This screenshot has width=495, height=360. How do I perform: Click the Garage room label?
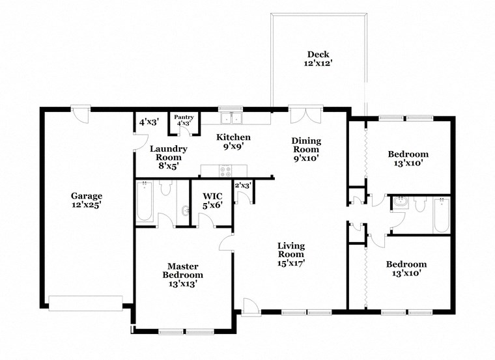click(x=86, y=199)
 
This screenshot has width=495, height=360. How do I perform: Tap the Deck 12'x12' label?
click(x=318, y=59)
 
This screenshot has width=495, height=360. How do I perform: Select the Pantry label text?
click(x=183, y=120)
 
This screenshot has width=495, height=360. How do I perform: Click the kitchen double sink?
click(x=230, y=118)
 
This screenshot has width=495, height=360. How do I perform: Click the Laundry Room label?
click(x=169, y=157)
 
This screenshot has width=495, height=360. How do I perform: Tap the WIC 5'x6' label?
click(x=213, y=199)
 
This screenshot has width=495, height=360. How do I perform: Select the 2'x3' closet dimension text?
click(x=243, y=186)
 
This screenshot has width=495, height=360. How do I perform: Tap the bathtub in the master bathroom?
click(x=145, y=201)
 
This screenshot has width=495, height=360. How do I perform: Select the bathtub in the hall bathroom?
click(x=442, y=215)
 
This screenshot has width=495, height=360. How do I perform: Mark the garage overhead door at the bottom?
click(x=85, y=303)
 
